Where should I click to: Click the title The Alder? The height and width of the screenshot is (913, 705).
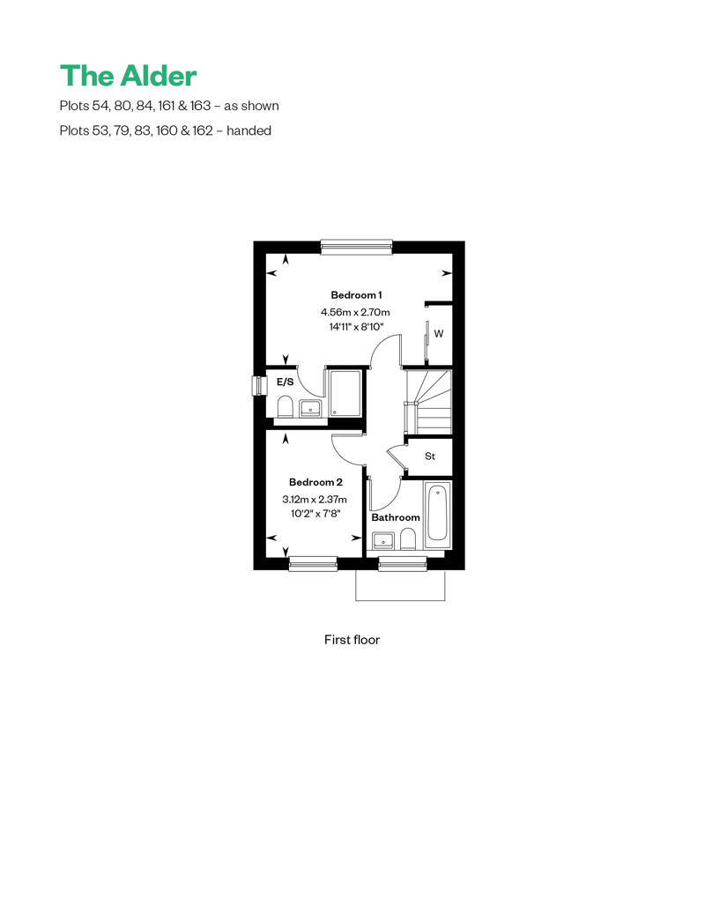point(128,76)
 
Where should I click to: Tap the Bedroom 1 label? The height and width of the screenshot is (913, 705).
point(356,295)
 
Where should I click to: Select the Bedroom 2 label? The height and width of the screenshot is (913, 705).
point(315,482)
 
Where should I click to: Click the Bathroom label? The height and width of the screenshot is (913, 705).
point(396,517)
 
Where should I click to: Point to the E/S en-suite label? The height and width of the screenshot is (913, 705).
point(285,382)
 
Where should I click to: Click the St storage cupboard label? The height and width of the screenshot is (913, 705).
point(430,456)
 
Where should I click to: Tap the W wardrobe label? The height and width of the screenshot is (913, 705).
point(439,334)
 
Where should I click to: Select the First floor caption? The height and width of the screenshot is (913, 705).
point(352,640)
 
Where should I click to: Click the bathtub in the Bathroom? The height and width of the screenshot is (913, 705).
point(436,514)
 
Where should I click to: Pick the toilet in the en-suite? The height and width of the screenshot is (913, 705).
point(285,407)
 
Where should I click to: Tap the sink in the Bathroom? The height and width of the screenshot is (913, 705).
point(383,540)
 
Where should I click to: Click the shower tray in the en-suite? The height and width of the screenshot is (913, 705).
point(345,393)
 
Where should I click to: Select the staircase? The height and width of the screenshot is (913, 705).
point(428,401)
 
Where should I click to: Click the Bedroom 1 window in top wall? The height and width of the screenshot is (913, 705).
point(357,247)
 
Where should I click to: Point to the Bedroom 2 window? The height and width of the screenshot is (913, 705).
point(313,562)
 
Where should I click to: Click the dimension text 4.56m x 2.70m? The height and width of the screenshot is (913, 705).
point(355,313)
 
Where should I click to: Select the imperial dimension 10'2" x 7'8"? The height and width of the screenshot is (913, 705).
point(315,514)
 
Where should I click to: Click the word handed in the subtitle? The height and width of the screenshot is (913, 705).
point(249,130)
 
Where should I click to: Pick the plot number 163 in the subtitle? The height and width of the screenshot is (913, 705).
point(200,106)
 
